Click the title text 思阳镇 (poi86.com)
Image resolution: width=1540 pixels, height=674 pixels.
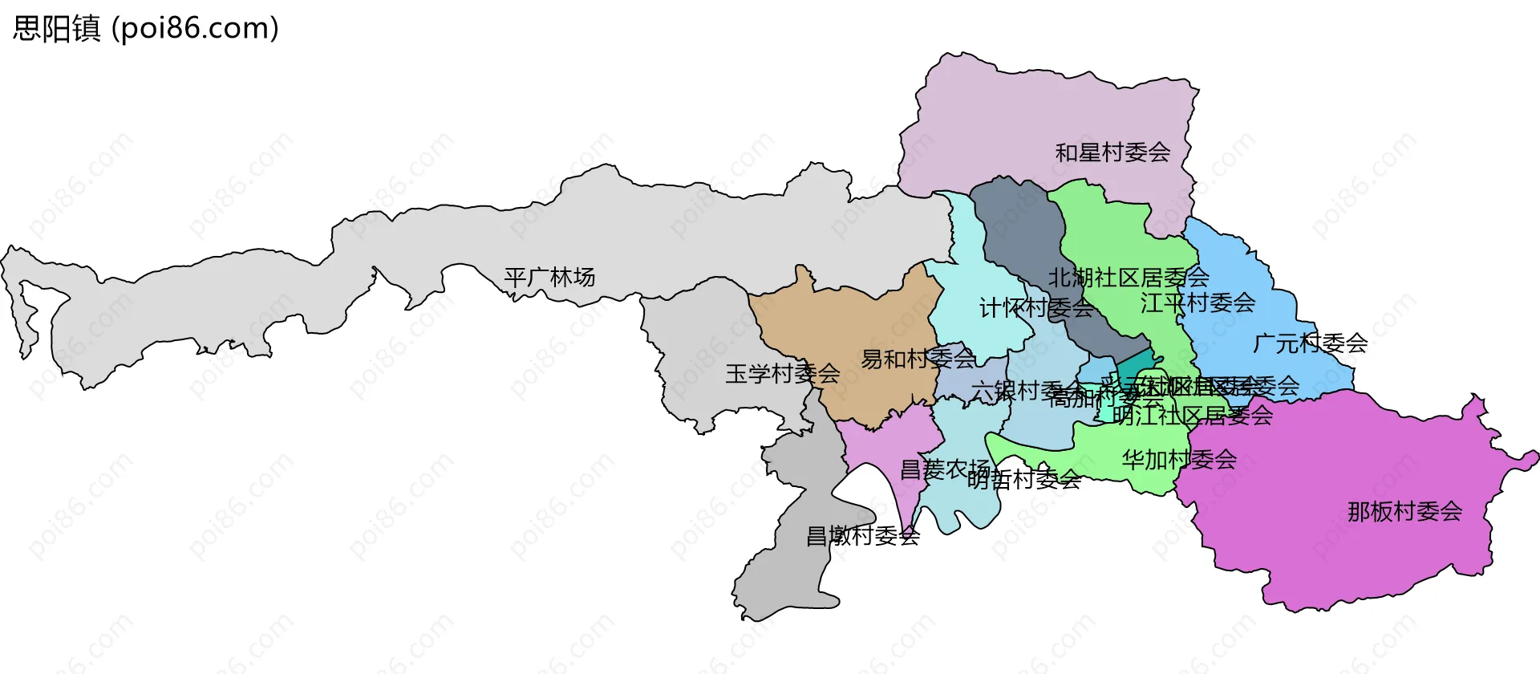click(x=145, y=28)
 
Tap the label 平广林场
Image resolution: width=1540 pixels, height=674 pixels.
click(x=549, y=278)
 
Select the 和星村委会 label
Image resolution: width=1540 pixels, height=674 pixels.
click(x=1112, y=152)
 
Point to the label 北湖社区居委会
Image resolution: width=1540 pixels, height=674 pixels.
click(x=1129, y=278)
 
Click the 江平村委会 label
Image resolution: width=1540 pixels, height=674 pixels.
click(x=1198, y=303)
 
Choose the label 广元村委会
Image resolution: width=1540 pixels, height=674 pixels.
click(x=1310, y=343)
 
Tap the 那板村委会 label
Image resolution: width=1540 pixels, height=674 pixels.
click(x=1404, y=512)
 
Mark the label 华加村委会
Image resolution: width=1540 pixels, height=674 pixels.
click(x=1179, y=460)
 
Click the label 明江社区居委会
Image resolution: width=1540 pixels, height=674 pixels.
click(x=1193, y=416)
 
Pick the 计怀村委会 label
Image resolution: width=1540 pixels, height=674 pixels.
click(x=1036, y=308)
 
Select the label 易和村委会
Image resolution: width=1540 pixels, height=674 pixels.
click(x=918, y=359)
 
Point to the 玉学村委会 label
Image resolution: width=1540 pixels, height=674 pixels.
click(x=782, y=374)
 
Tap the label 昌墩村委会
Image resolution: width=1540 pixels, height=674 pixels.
click(x=862, y=536)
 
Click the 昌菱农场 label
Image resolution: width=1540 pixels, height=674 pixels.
click(x=945, y=469)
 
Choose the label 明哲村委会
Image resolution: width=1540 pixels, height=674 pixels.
click(x=1024, y=480)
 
